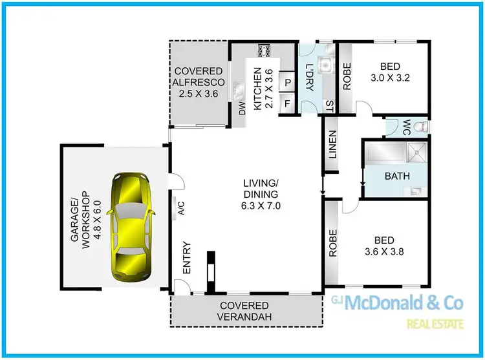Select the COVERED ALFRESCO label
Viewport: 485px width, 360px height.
198,82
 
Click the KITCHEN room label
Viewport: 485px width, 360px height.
261,89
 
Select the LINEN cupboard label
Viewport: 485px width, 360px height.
332,149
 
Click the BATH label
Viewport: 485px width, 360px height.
396,175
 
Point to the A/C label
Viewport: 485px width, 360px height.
182,207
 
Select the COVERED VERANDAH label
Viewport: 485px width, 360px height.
244,311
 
